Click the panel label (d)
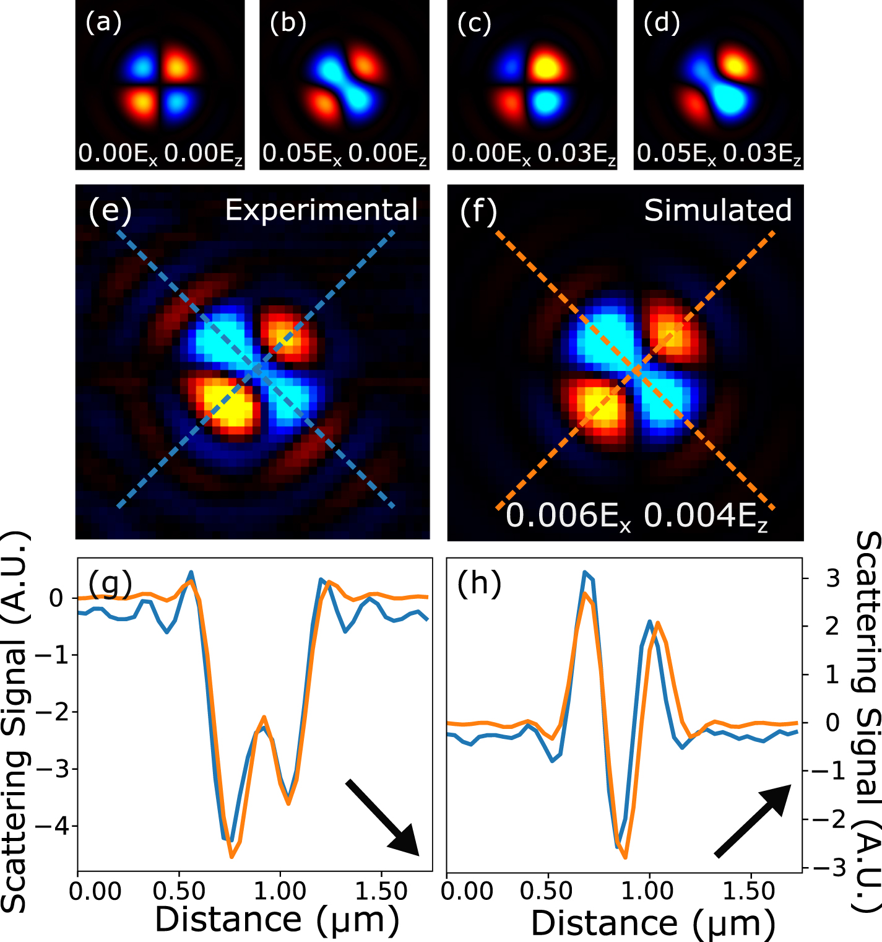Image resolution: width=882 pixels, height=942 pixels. coord(662,23)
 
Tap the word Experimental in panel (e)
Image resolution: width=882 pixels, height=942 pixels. coord(321,210)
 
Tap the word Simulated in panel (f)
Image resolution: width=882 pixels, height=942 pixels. coord(718,211)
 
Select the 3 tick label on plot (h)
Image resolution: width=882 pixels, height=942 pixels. coord(832,578)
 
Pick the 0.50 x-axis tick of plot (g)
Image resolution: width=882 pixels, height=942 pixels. coord(179,891)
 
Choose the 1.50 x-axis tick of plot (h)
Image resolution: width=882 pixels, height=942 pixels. coord(749,891)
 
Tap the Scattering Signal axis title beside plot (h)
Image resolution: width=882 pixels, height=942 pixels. coord(867,722)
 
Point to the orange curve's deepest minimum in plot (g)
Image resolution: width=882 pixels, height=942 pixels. coord(232,857)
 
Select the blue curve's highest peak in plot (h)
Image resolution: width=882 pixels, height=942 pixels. coord(584,572)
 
